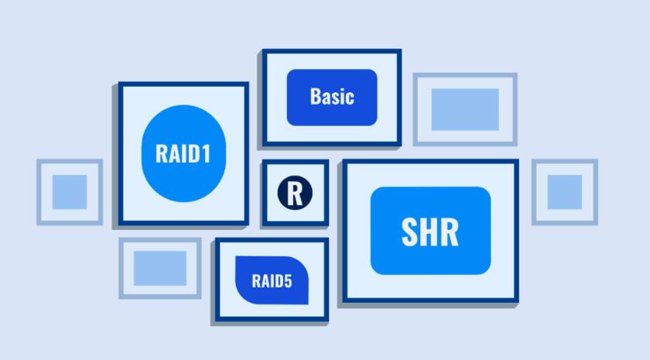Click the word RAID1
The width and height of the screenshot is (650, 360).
[x=183, y=153]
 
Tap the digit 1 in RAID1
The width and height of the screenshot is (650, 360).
[x=206, y=153]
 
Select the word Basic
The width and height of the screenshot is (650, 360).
[x=332, y=97]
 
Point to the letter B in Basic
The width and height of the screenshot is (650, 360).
[x=315, y=97]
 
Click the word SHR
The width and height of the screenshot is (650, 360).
[x=430, y=232]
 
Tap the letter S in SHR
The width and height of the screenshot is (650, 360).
[x=410, y=232]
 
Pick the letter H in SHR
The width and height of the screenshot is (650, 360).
[x=430, y=232]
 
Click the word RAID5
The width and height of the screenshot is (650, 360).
[x=272, y=281]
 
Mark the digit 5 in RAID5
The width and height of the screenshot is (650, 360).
[x=288, y=281]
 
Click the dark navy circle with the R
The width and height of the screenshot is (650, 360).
[x=295, y=193]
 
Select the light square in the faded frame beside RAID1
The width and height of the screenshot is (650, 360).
[x=70, y=192]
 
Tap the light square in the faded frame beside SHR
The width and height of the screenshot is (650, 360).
[x=565, y=192]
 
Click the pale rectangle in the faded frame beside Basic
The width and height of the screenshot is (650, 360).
[x=465, y=109]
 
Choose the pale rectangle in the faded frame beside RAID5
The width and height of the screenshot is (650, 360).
[x=160, y=269]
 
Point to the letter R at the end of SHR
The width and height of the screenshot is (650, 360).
[x=450, y=232]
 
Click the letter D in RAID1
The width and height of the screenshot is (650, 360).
[x=193, y=153]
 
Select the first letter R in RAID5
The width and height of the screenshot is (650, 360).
[x=256, y=281]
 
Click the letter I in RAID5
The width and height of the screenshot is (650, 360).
[x=271, y=281]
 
